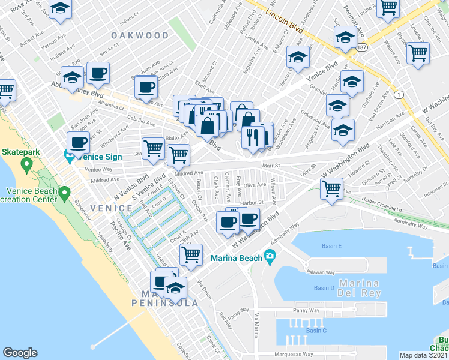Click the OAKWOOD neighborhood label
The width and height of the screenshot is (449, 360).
(x=140, y=35)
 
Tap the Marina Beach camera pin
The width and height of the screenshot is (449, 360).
(x=270, y=258)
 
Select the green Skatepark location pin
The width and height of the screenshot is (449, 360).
(x=26, y=164)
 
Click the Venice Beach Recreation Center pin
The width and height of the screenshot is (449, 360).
(x=65, y=193)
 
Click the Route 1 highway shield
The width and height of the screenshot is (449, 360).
(x=399, y=95)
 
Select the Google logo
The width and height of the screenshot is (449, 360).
(x=20, y=353)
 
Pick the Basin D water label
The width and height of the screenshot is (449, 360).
(x=324, y=288)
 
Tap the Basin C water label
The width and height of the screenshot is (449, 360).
(x=316, y=331)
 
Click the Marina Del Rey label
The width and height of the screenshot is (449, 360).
(x=360, y=288)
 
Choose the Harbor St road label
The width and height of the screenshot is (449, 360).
(x=252, y=203)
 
